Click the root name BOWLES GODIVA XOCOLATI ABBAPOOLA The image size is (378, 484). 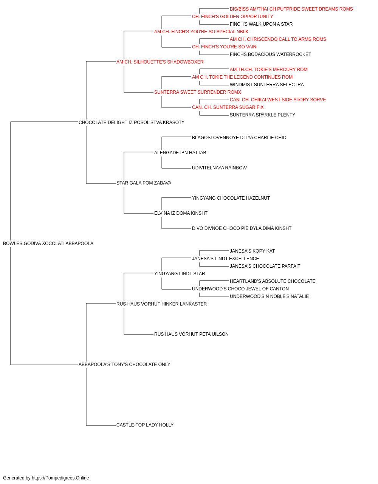(x=48, y=244)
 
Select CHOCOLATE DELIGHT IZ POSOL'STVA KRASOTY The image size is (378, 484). (x=132, y=123)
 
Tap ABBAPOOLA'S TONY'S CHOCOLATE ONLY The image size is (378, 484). (x=124, y=365)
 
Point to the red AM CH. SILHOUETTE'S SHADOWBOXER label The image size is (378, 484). (x=160, y=62)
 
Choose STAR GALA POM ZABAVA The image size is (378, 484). (x=144, y=183)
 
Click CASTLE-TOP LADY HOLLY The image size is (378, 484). (x=145, y=425)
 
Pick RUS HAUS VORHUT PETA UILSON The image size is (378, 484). (x=191, y=334)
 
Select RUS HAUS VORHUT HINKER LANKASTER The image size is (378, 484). (x=162, y=304)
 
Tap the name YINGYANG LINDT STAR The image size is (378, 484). (x=180, y=273)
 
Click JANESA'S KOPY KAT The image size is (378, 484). (x=252, y=251)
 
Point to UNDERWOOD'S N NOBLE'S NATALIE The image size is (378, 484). (x=270, y=296)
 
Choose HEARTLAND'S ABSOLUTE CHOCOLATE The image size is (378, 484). (x=273, y=281)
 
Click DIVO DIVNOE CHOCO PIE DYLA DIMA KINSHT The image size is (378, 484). (x=242, y=228)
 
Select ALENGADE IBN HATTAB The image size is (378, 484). (x=180, y=152)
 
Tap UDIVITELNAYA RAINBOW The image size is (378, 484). (x=219, y=168)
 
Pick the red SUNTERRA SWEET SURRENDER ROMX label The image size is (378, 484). (x=198, y=92)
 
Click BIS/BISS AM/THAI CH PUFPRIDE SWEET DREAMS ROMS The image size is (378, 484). (x=291, y=9)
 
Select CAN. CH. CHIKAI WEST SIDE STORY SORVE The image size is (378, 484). (x=278, y=100)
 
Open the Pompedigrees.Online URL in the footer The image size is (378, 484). (x=60, y=478)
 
